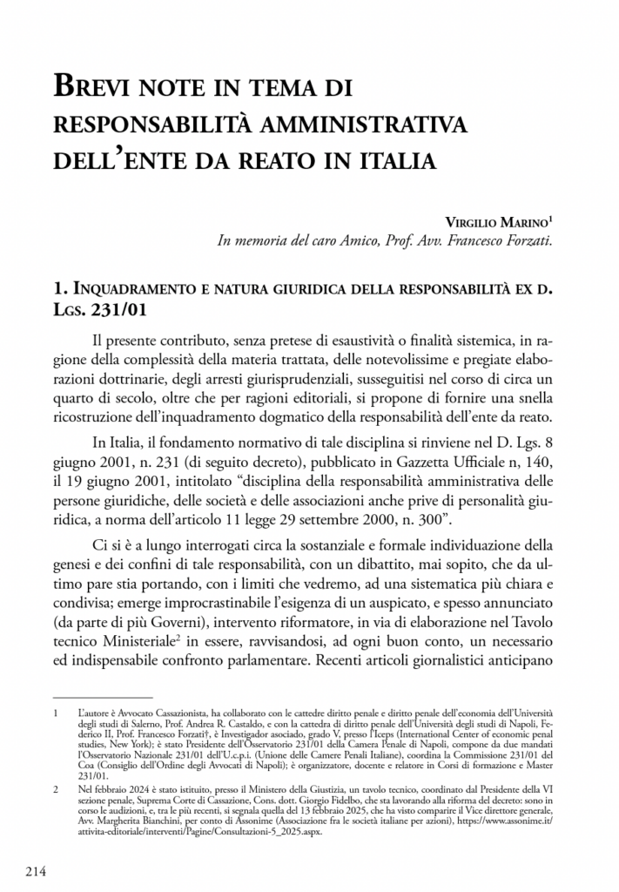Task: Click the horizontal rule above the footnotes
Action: coord(103,696)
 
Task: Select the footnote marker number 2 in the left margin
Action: coord(57,787)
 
